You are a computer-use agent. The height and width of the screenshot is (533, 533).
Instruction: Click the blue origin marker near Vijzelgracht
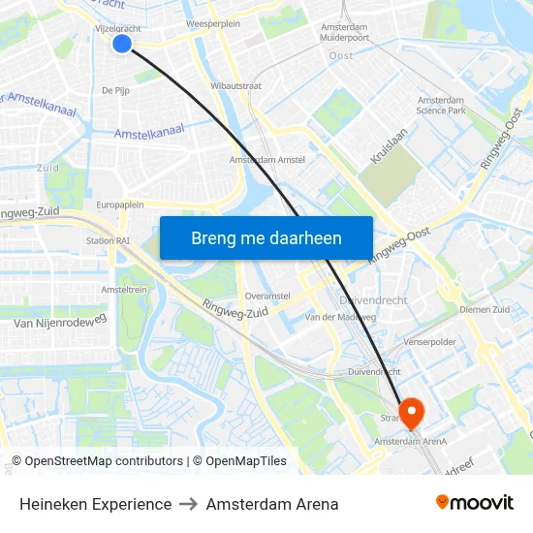122,43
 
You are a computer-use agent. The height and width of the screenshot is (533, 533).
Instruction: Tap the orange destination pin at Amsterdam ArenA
410,413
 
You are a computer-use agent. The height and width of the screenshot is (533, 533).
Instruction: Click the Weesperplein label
212,23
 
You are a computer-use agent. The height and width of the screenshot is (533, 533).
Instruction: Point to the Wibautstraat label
236,85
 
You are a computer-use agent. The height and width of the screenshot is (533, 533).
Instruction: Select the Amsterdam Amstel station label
267,160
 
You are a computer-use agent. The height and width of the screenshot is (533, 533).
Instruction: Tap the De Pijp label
116,90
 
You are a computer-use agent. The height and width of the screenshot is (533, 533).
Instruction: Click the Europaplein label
120,205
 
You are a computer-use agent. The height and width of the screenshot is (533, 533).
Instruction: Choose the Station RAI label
109,241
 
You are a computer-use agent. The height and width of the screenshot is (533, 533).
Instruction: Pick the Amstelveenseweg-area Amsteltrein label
123,289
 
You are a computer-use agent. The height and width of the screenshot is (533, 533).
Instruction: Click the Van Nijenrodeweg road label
59,322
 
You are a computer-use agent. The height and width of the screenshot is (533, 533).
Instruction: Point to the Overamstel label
268,295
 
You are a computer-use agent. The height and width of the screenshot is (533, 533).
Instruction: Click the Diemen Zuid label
485,310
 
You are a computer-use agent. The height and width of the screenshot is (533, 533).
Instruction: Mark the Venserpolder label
430,342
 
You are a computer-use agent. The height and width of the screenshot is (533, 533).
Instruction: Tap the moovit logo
474,503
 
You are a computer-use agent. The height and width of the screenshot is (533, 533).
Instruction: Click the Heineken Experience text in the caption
95,504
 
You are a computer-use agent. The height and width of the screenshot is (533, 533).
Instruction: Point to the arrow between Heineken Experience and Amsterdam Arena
189,504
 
